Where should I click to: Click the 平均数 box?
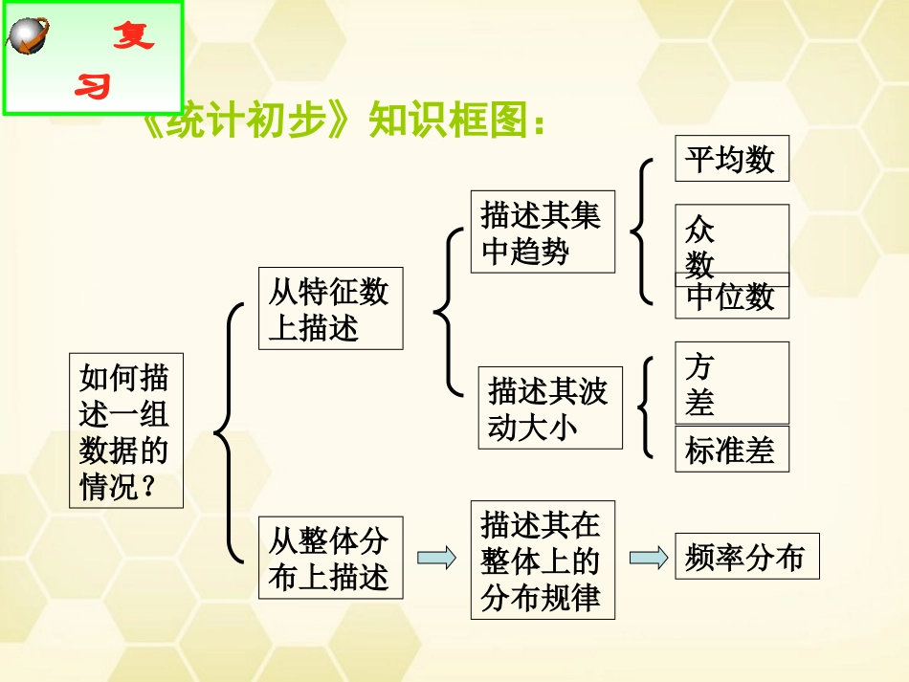point(732,159)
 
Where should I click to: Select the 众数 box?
point(732,239)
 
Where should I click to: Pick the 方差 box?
point(732,383)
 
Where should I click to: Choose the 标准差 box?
point(732,450)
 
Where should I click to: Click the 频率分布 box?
point(747,557)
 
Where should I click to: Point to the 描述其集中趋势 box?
point(543,232)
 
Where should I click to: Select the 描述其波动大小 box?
point(550,408)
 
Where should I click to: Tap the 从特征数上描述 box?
point(330,309)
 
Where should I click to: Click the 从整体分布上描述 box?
point(330,559)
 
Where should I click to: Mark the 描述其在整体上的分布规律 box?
point(543,561)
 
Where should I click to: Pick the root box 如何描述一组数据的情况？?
point(125,431)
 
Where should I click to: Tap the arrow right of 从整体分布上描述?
point(436,558)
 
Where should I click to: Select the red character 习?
point(94,88)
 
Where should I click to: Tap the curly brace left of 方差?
point(649,407)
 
